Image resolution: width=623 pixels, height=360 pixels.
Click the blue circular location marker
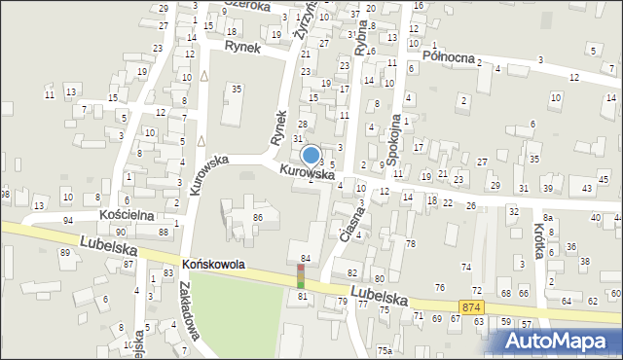pos(311,155)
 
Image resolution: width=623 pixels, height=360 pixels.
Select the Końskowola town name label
pos(213,264)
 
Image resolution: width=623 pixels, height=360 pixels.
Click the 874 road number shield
pos(472,307)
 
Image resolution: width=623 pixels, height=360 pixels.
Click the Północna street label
pos(449,55)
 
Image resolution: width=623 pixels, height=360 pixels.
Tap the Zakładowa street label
pos(189,310)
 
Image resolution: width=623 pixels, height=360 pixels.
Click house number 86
pos(258,217)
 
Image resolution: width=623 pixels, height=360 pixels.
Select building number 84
pos(305,258)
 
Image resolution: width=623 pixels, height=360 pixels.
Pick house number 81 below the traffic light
pos(303,296)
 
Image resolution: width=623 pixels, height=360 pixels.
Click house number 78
pos(411,243)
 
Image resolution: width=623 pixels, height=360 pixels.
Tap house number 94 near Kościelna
pos(68,221)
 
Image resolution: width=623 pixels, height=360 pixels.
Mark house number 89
pos(64,253)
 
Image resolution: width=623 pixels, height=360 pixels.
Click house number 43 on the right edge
pos(587,187)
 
